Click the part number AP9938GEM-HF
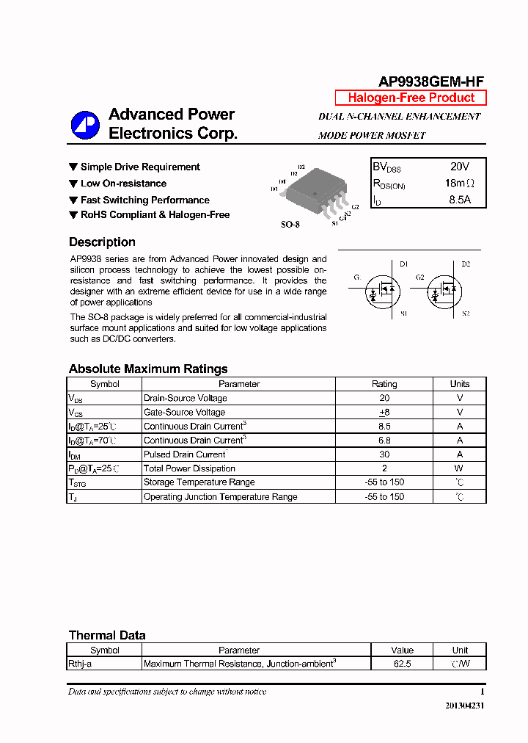click(x=430, y=82)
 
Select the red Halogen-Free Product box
click(x=411, y=98)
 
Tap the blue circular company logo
click(x=85, y=125)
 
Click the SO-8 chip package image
click(x=316, y=192)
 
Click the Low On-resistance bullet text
click(x=123, y=184)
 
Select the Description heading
click(x=102, y=242)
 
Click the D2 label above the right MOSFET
click(x=466, y=264)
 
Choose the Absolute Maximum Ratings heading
click(x=148, y=369)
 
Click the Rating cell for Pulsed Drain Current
click(x=384, y=454)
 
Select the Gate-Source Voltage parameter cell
click(x=185, y=413)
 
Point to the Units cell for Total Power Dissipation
click(x=460, y=468)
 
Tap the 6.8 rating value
click(x=384, y=441)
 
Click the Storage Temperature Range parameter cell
click(x=199, y=482)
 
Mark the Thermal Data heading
click(x=107, y=635)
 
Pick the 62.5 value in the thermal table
click(x=402, y=664)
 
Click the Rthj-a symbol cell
click(x=80, y=664)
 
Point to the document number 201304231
click(x=464, y=706)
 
